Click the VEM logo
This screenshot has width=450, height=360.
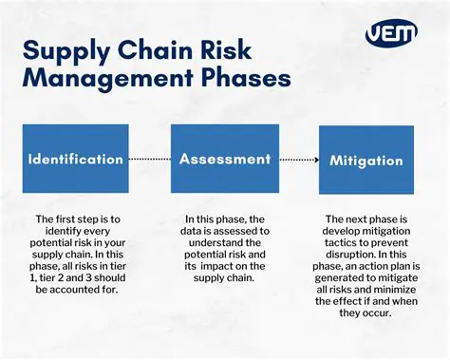[x=390, y=34]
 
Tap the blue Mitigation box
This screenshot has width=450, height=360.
[x=365, y=161]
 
